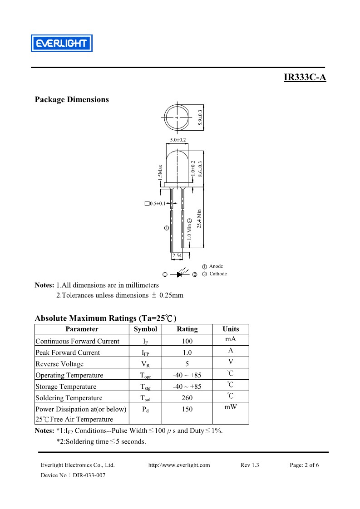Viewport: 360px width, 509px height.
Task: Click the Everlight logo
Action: pos(62,43)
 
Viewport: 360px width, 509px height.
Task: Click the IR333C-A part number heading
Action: pos(305,77)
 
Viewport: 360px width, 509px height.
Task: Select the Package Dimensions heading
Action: pos(72,100)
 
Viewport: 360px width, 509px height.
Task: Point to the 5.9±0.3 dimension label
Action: pos(200,117)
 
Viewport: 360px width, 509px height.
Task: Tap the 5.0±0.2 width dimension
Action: pos(178,140)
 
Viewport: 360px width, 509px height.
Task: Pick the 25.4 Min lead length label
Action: pos(199,219)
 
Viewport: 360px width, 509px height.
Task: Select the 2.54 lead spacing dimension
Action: pos(177,255)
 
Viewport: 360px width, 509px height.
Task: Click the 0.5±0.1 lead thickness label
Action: pos(158,204)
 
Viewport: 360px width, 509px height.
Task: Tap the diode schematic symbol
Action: pos(180,274)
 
